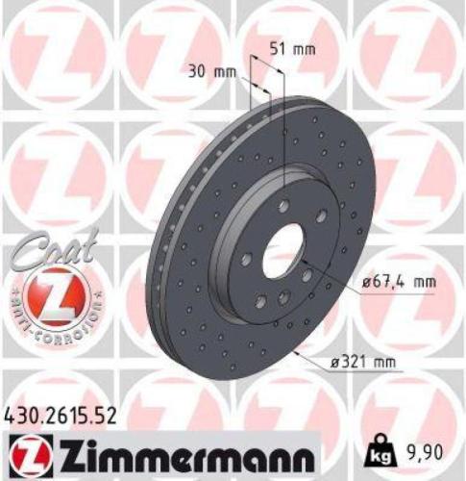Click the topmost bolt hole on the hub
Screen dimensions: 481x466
pos(283,204)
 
